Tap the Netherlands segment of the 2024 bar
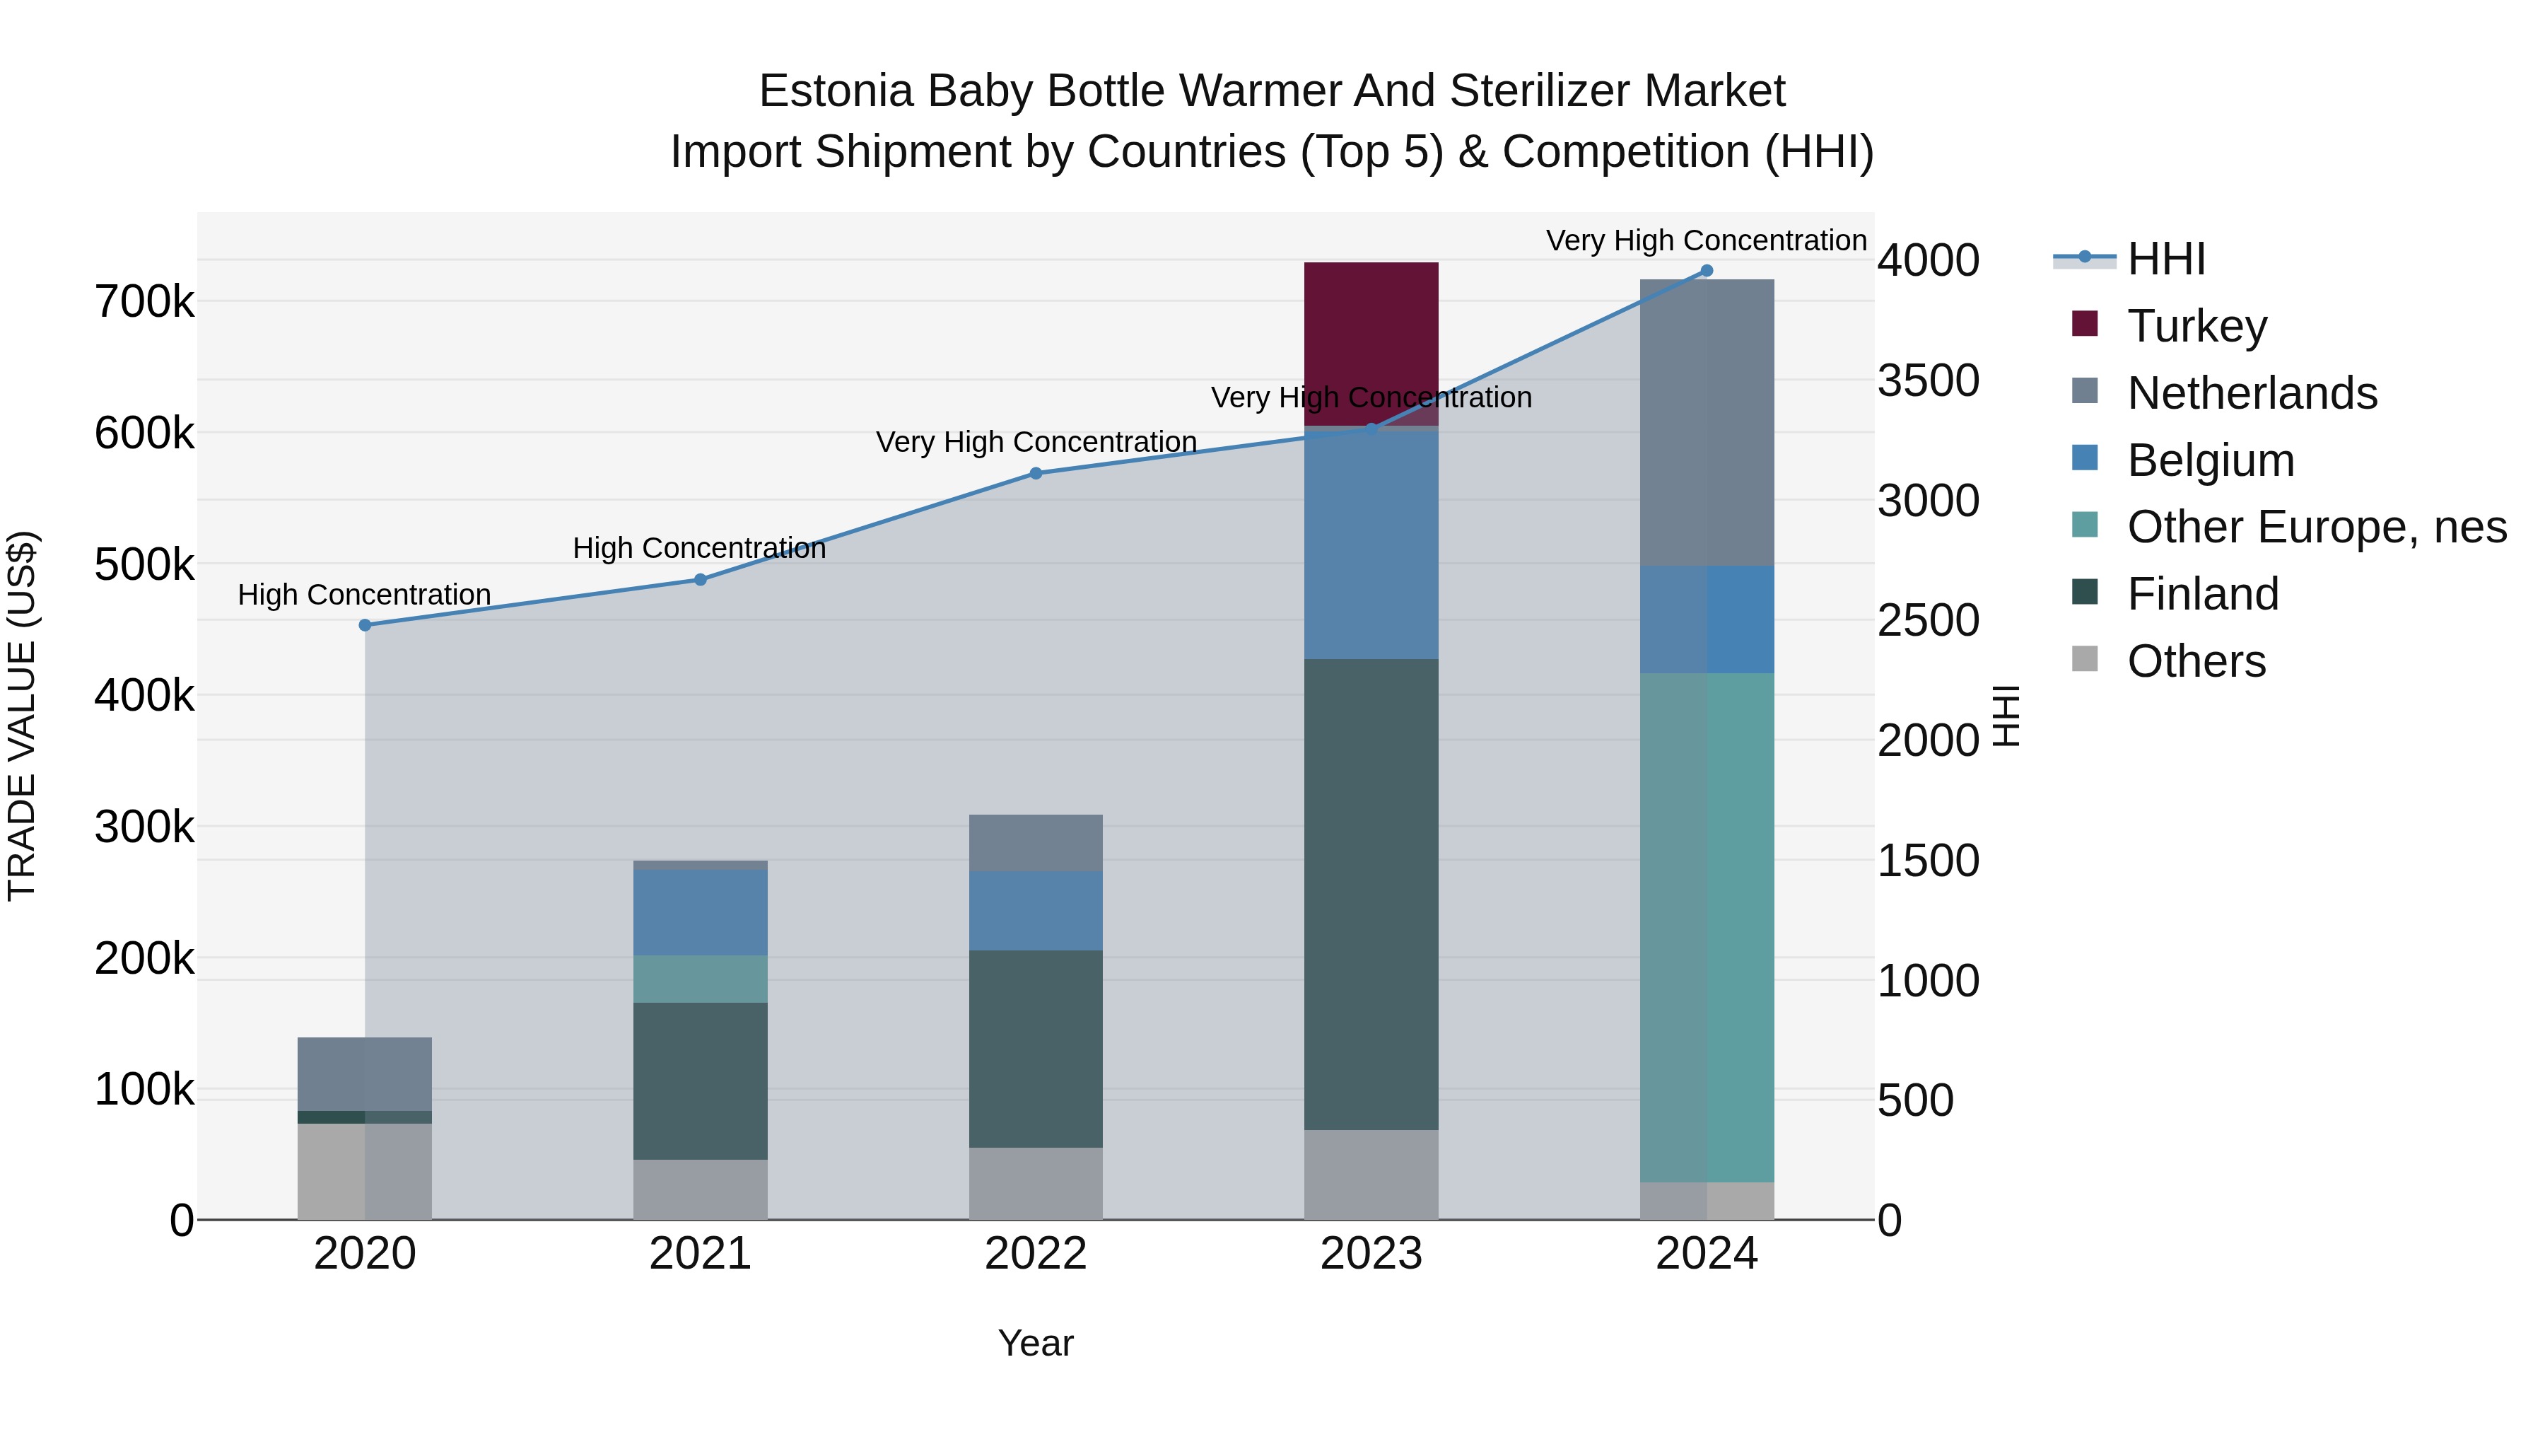click(1707, 422)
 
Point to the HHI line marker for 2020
click(365, 624)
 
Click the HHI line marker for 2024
click(1707, 271)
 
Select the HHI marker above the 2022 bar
click(1036, 473)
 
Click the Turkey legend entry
click(2196, 326)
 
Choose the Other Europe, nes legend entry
click(2316, 527)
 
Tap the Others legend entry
click(2195, 661)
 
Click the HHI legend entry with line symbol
click(2165, 259)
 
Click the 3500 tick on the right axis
click(1928, 380)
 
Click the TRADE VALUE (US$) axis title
click(22, 716)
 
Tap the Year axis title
click(1036, 1343)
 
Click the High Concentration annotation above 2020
click(365, 595)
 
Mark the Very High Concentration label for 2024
click(1707, 240)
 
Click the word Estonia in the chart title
click(835, 91)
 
